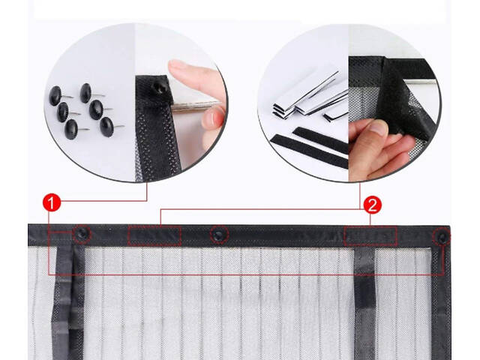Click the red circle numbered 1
pos(52,202)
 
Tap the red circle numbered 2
pos(372,205)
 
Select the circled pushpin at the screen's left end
pos(82,234)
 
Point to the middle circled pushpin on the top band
pos(218,235)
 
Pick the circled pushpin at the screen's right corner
pos(442,237)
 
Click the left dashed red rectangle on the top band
pos(154,235)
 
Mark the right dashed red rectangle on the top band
pos(370,236)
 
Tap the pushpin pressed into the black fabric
pos(160,88)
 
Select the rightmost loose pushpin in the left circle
pos(107,126)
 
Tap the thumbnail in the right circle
pos(378,127)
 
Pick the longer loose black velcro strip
pos(309,151)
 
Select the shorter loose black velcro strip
pos(320,139)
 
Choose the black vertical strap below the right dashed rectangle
pos(364,303)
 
